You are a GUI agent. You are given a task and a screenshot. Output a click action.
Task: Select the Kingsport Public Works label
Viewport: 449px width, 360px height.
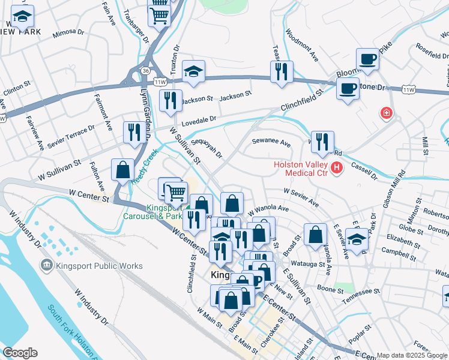98,266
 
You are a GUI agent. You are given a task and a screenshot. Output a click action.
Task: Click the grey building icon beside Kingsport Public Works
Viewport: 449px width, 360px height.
46,265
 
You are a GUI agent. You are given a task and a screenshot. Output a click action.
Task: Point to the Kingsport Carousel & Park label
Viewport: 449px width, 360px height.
153,212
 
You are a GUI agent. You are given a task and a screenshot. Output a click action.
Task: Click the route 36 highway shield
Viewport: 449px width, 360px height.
146,71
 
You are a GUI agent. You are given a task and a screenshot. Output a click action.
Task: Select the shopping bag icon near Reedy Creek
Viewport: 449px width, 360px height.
123,170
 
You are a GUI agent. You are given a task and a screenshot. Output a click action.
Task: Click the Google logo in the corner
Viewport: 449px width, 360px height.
20,353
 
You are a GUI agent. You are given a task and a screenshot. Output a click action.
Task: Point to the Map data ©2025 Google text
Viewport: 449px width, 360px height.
412,355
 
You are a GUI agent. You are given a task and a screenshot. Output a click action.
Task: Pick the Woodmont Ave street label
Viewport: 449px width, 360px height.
302,46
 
